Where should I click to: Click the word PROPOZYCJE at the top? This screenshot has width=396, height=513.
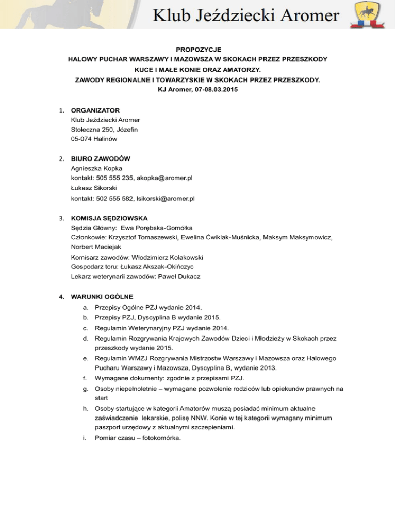[198, 50]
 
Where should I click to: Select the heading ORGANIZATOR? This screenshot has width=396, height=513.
[95, 110]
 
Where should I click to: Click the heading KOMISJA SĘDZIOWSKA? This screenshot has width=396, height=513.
[113, 218]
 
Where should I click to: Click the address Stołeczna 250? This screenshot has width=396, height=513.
[94, 130]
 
